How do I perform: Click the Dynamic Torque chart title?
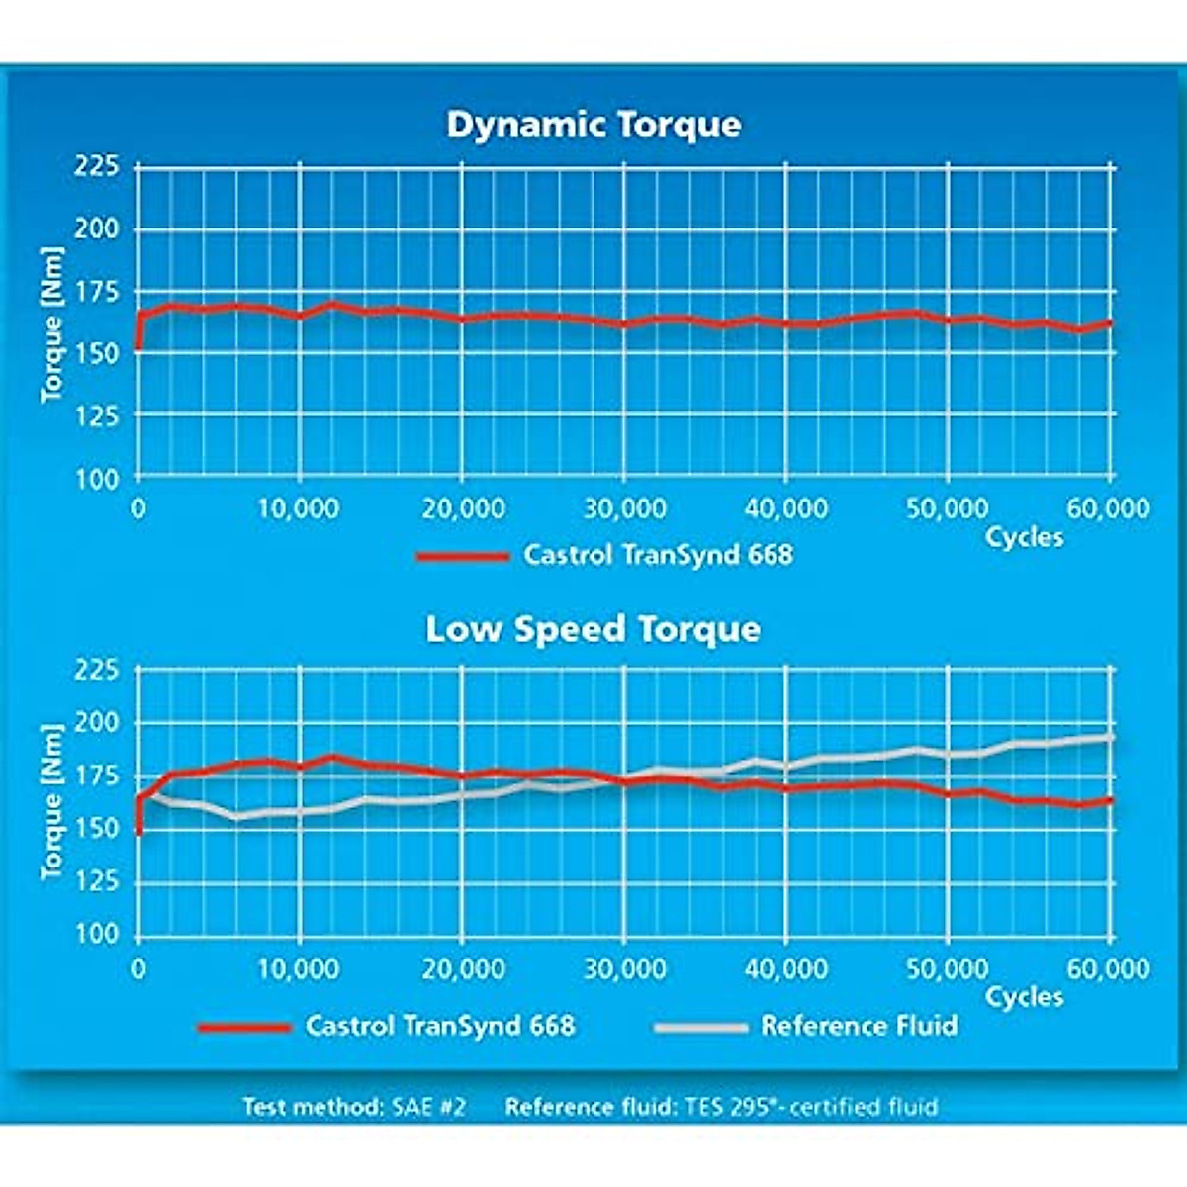click(593, 125)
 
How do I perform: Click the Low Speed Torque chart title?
click(593, 629)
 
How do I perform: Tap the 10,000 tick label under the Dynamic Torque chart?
click(299, 508)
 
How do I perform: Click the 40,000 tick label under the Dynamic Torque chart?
click(785, 508)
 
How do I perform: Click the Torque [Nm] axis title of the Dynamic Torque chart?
click(53, 324)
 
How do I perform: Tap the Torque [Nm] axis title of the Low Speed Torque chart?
click(53, 801)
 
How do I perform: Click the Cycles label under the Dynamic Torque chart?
click(1024, 537)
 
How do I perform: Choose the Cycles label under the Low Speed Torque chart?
click(1024, 996)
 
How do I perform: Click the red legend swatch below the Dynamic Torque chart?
click(462, 556)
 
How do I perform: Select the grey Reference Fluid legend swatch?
click(700, 1027)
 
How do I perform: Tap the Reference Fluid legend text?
click(859, 1025)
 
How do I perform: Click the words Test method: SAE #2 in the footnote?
click(354, 1106)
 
